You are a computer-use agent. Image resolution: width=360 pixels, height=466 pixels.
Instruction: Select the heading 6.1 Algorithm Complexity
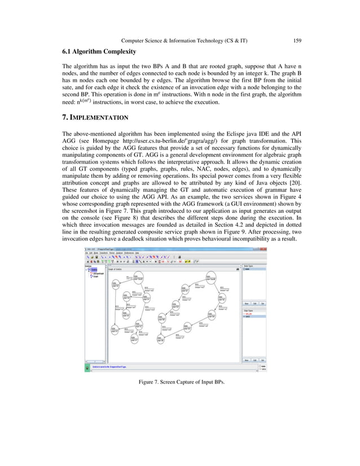click(x=99, y=52)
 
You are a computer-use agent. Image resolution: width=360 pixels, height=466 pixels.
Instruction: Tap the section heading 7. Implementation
click(x=95, y=118)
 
